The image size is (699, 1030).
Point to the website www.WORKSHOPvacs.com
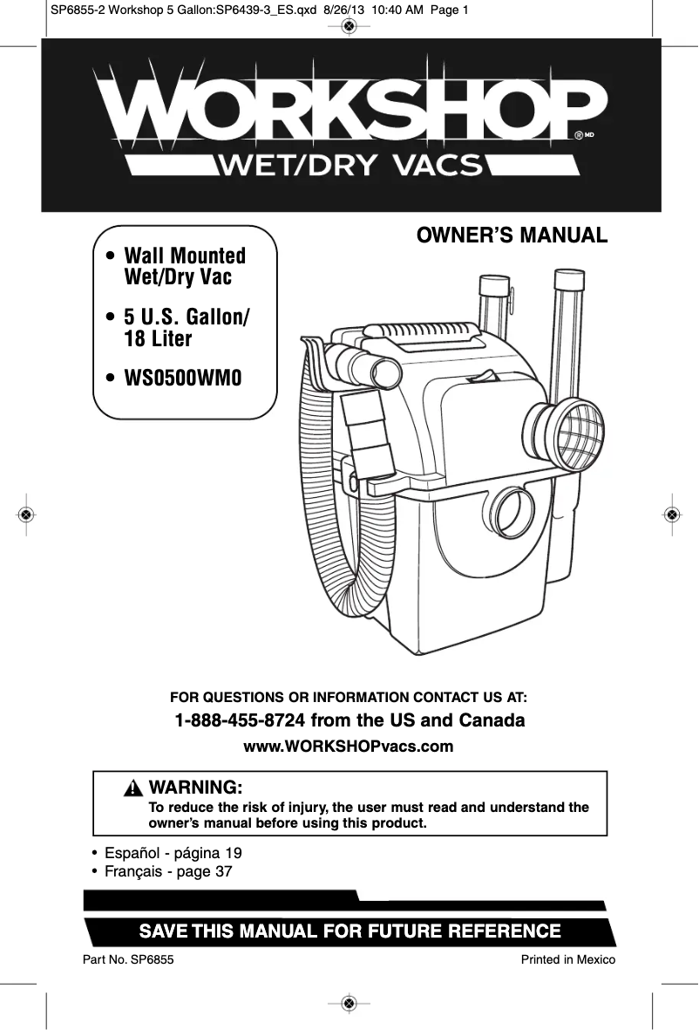tap(349, 747)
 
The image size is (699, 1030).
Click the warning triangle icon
tap(132, 788)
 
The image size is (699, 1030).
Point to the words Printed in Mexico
tap(567, 959)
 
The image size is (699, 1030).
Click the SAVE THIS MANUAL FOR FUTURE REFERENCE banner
tap(349, 931)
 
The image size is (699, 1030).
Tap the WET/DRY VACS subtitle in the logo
tap(353, 163)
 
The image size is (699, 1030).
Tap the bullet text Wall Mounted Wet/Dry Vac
tap(184, 267)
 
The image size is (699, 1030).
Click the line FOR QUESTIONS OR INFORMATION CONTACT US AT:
tap(349, 698)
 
